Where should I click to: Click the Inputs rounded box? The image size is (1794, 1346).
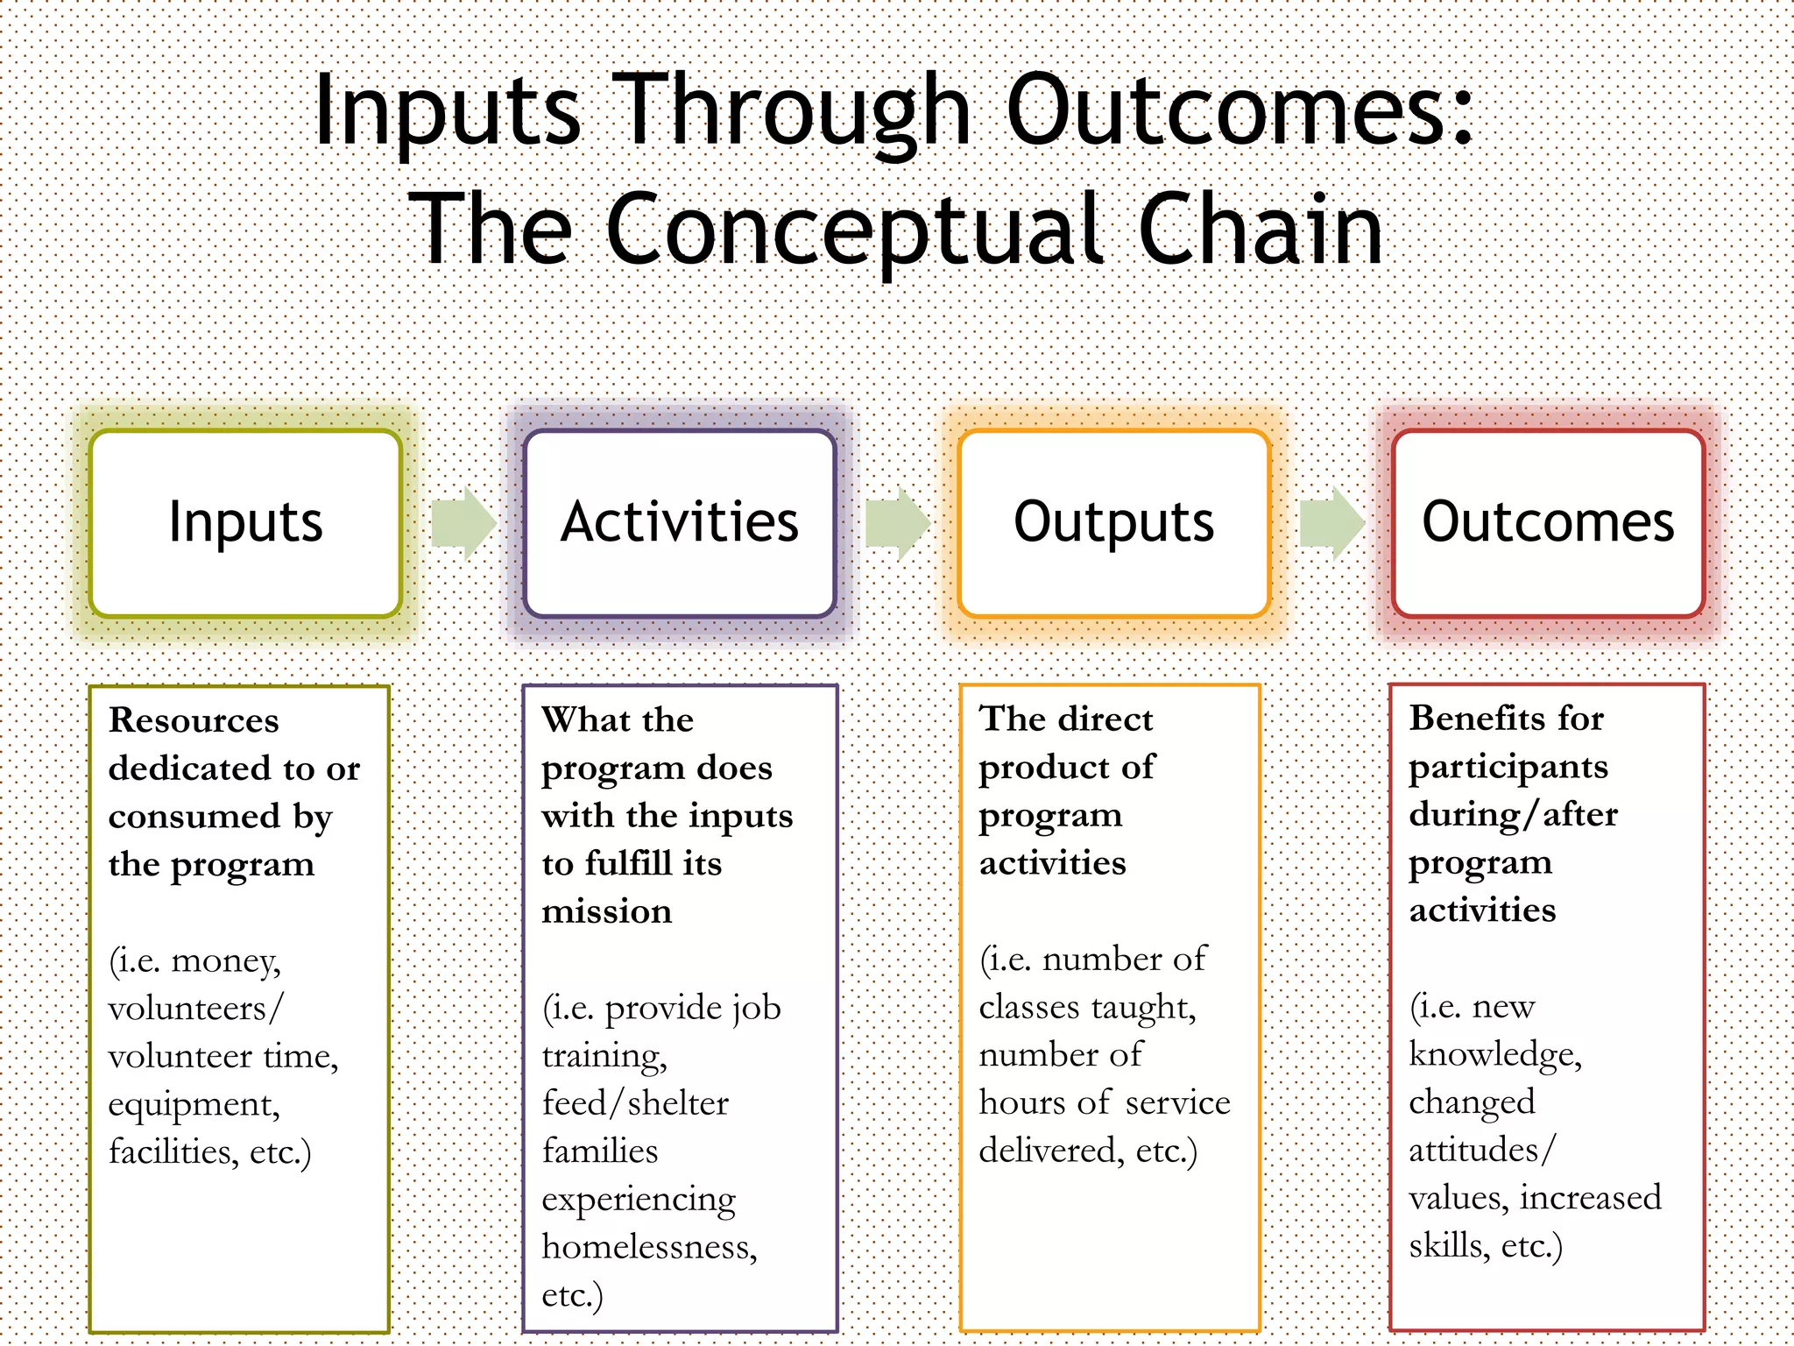point(245,523)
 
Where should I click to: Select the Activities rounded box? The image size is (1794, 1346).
point(680,523)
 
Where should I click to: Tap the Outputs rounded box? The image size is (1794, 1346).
point(1113,523)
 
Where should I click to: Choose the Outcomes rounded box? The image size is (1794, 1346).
point(1548,523)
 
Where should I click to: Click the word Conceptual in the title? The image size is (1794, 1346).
point(854,230)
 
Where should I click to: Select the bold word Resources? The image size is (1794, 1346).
point(194,720)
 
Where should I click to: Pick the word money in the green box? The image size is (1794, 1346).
point(226,961)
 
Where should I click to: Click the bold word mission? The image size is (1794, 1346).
point(607,911)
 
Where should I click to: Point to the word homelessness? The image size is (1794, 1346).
point(649,1247)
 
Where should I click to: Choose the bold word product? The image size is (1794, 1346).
point(1043,768)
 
